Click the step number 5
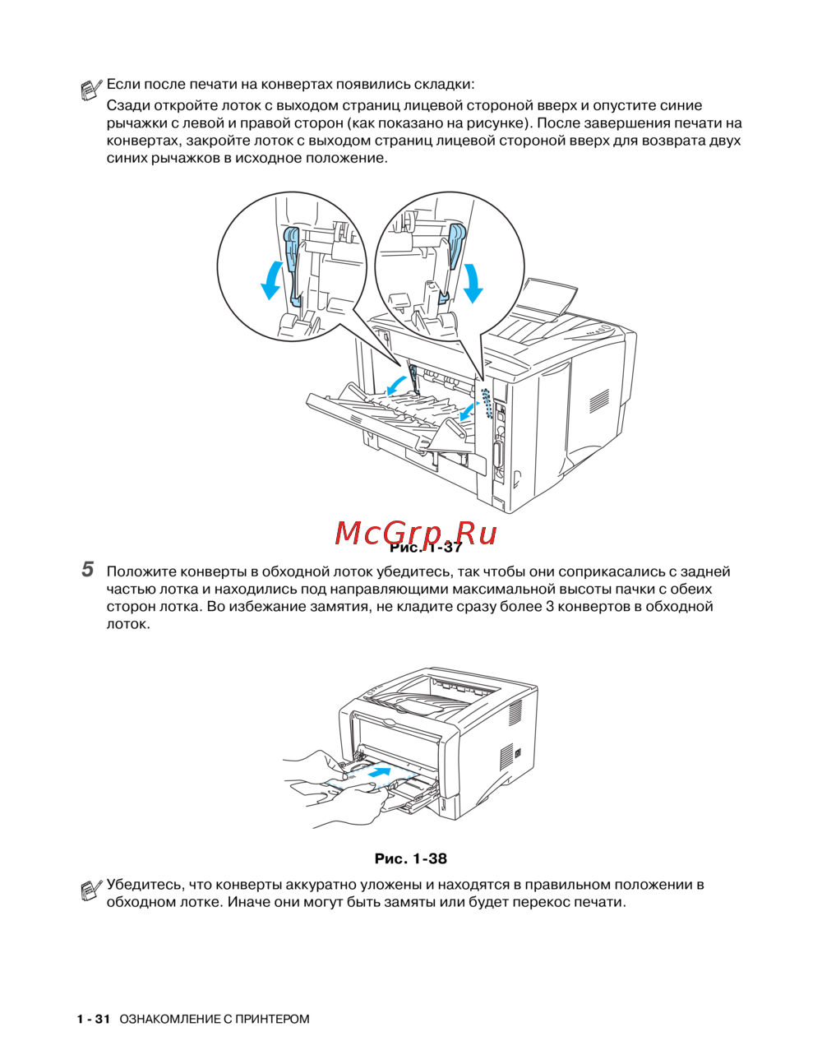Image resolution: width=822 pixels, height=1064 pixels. (x=87, y=569)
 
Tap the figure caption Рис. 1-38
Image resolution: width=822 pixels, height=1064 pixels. (x=410, y=858)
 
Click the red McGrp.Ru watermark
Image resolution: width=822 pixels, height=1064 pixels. (x=415, y=534)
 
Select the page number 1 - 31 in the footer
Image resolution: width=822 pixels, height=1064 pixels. (x=93, y=1019)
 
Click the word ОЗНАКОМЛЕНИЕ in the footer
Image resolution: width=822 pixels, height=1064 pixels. (x=169, y=1019)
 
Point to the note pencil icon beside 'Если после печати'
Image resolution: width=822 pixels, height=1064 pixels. (x=91, y=88)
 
